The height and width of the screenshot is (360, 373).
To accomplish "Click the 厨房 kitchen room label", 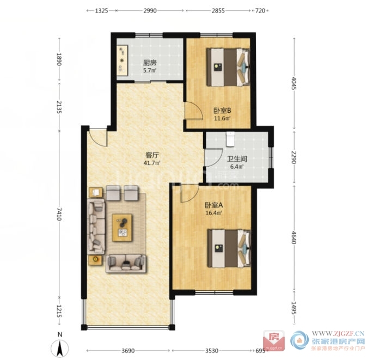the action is pyautogui.click(x=150, y=63).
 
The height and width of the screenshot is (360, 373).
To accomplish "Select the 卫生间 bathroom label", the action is pyautogui.click(x=237, y=158).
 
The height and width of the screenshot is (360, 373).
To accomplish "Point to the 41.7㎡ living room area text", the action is pyautogui.click(x=152, y=163).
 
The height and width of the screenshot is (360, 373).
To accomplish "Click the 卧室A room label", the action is pyautogui.click(x=213, y=205).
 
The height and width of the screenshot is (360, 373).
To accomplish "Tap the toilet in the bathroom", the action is pyautogui.click(x=230, y=139).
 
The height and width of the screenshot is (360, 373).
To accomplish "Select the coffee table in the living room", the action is pyautogui.click(x=123, y=228).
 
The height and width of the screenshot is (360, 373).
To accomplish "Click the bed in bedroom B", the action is pyautogui.click(x=228, y=67).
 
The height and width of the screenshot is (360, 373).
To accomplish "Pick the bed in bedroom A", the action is pyautogui.click(x=229, y=248).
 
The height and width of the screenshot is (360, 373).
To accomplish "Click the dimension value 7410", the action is pyautogui.click(x=59, y=214).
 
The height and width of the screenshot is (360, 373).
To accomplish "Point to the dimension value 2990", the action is pyautogui.click(x=150, y=11).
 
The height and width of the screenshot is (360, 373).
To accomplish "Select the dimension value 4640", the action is pyautogui.click(x=294, y=237).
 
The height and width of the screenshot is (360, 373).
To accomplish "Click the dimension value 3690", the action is pyautogui.click(x=128, y=351).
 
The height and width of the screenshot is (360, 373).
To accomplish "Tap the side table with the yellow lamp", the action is pyautogui.click(x=95, y=260).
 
